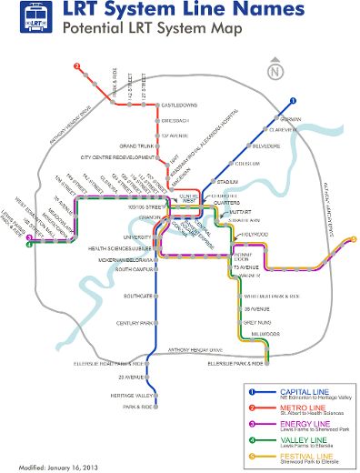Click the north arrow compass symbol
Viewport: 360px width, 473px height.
[x=275, y=69]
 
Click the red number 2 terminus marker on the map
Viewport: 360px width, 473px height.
[x=77, y=65]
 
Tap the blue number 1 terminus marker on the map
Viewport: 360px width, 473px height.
[x=293, y=102]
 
